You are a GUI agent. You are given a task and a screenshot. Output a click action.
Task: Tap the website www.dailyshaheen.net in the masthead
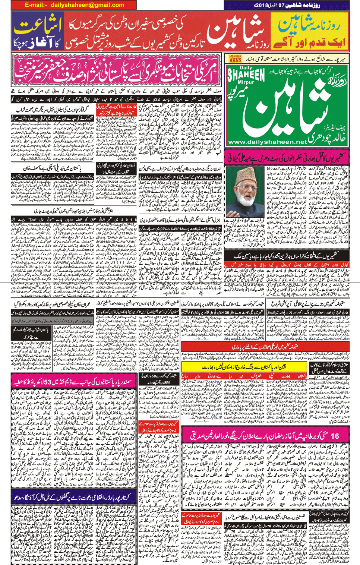[267, 142]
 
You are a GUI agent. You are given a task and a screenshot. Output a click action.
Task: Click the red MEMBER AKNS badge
[235, 59]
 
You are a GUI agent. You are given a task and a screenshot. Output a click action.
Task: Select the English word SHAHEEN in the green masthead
[246, 75]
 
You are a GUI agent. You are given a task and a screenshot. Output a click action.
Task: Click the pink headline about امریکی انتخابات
[116, 70]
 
